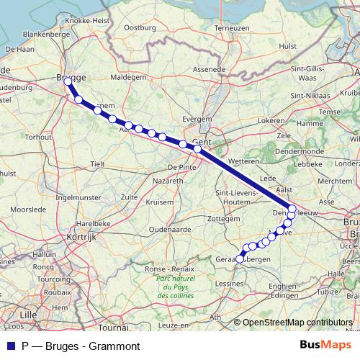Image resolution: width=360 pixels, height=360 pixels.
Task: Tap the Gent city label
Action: (200, 142)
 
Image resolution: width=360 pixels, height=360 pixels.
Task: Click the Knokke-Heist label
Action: (86, 21)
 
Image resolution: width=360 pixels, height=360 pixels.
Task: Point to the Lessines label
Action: (228, 284)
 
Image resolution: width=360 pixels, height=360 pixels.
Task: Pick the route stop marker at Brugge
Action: (68, 82)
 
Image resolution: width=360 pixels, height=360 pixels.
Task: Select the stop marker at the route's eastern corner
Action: (292, 210)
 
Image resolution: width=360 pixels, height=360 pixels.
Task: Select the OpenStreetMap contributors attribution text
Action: (298, 323)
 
